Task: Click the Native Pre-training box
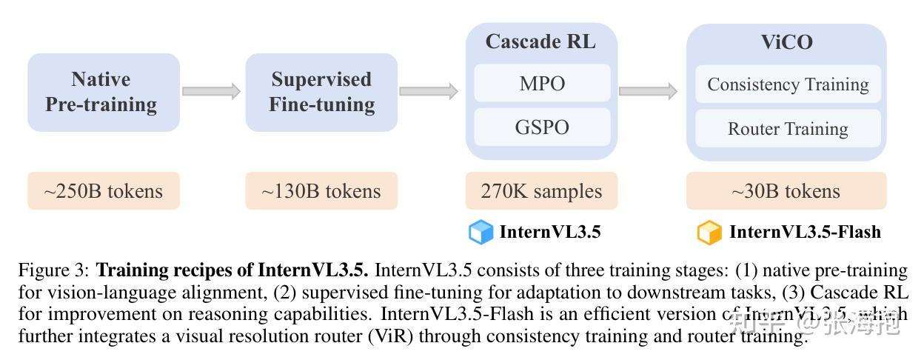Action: click(x=104, y=93)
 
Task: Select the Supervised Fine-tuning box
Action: click(x=321, y=93)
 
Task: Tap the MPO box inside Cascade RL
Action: click(x=542, y=83)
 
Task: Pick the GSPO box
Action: click(x=542, y=127)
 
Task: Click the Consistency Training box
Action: click(x=788, y=84)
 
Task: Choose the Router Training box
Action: click(x=788, y=128)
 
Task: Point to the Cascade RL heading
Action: click(x=540, y=41)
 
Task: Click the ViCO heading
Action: click(x=786, y=42)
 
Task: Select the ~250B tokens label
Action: click(x=104, y=191)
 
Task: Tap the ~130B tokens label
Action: click(x=321, y=191)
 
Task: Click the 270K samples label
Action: click(x=542, y=191)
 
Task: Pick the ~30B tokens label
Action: click(x=786, y=191)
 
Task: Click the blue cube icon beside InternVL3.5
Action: click(x=481, y=232)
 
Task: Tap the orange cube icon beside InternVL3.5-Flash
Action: click(x=709, y=232)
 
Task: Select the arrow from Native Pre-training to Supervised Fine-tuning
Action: click(x=212, y=91)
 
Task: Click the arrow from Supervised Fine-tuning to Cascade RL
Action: click(x=429, y=91)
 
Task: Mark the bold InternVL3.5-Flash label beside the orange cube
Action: click(x=805, y=232)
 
